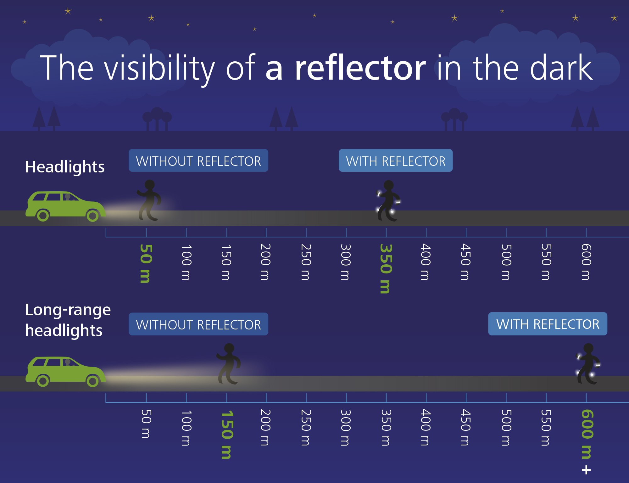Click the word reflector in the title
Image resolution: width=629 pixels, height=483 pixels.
360,67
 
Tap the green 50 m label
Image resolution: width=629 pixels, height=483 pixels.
146,263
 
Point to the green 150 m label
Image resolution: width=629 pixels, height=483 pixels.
227,435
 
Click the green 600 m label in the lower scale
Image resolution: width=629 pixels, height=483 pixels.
587,434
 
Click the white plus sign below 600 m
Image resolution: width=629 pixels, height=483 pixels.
586,470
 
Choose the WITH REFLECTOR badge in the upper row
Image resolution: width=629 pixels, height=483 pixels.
396,160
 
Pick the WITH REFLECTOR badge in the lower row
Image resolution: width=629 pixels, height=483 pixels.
548,324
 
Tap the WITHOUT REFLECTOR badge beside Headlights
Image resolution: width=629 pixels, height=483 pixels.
198,160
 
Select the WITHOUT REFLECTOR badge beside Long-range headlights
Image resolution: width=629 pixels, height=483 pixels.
198,324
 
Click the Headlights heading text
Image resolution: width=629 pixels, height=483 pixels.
65,167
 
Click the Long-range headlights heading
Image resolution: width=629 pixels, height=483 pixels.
68,320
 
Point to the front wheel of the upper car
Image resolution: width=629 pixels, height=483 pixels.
92,216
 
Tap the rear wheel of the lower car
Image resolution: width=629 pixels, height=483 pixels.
43,381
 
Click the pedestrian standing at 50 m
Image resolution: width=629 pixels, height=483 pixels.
149,200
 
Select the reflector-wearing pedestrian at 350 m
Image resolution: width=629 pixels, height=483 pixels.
388,201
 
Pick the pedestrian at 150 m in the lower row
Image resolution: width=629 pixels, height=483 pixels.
229,364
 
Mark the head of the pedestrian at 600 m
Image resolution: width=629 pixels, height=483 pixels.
588,348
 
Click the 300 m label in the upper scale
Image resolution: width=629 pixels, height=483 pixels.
346,262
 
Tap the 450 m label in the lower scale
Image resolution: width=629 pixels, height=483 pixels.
466,427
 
